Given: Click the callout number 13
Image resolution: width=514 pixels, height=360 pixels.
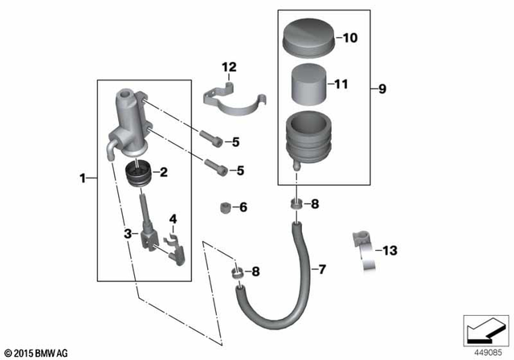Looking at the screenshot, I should [x=390, y=252].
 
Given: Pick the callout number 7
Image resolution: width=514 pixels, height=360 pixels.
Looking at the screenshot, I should [x=322, y=268].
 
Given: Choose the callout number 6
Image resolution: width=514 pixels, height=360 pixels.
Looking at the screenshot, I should [x=243, y=207].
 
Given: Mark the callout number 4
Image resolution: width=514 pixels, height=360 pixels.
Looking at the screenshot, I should [x=173, y=218].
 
